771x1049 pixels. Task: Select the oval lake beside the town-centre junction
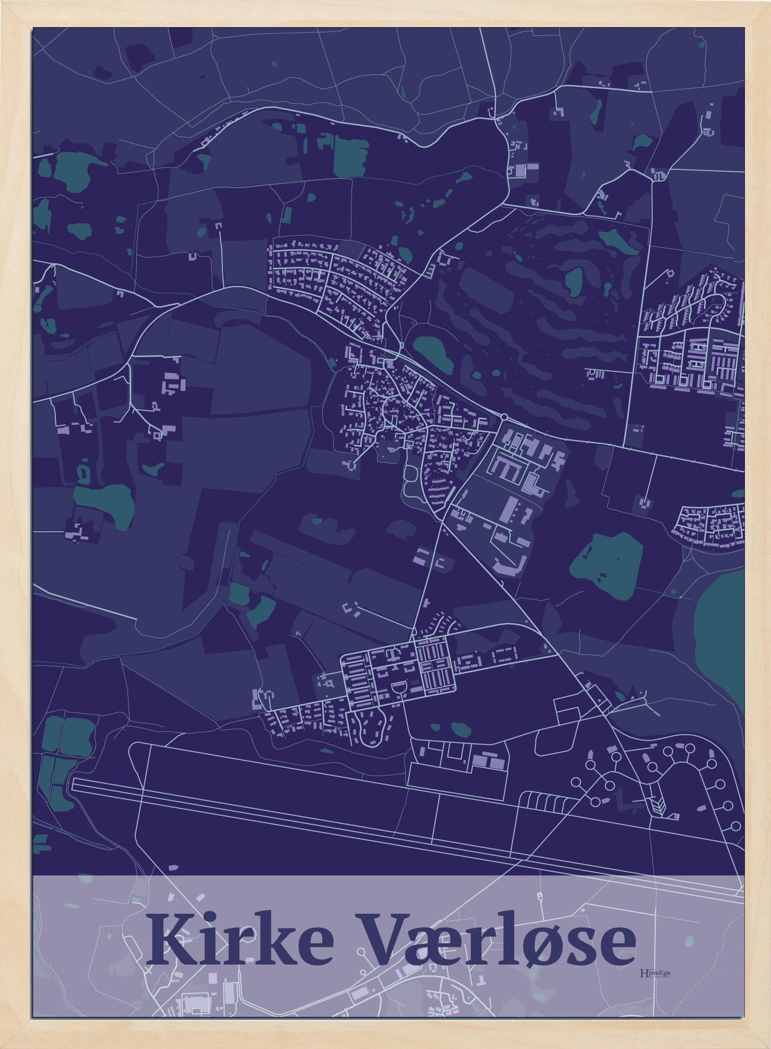[433, 354]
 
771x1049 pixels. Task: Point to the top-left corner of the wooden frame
[4, 4]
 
